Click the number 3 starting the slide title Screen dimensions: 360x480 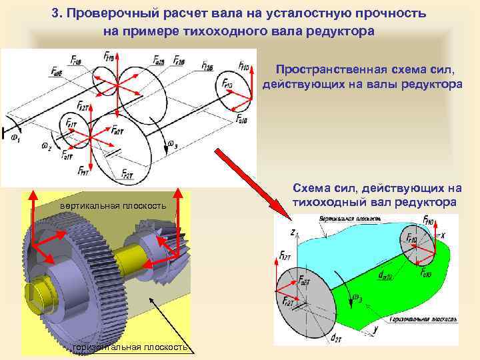56,13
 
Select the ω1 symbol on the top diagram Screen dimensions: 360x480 14,139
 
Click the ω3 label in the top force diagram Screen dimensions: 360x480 172,143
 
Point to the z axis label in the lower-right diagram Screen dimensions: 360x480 293,233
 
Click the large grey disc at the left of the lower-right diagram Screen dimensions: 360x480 307,297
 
